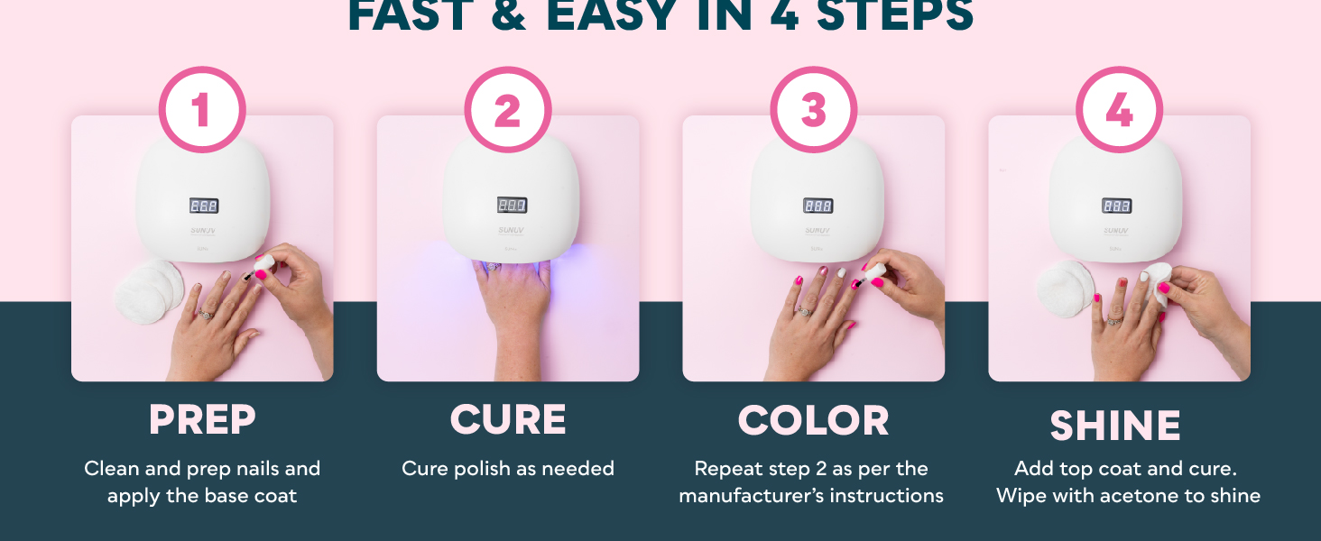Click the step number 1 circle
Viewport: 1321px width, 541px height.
coord(201,110)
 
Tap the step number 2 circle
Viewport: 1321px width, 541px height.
coord(507,110)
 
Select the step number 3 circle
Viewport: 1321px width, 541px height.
coord(813,110)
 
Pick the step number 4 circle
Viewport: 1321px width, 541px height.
coord(1119,110)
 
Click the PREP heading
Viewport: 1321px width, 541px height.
coord(202,420)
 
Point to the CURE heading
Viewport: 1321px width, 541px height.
coord(508,420)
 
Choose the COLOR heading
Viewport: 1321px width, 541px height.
coord(813,420)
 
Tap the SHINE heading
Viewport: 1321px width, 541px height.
coord(1115,426)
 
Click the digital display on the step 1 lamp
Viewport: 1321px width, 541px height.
coord(204,206)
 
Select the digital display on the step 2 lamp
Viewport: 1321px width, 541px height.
coord(512,206)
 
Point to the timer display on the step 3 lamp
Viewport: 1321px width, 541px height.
coord(818,206)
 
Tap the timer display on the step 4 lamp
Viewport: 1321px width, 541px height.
coord(1116,206)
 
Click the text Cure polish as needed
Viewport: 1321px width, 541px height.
coord(508,469)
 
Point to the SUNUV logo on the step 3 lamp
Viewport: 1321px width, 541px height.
coord(818,231)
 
